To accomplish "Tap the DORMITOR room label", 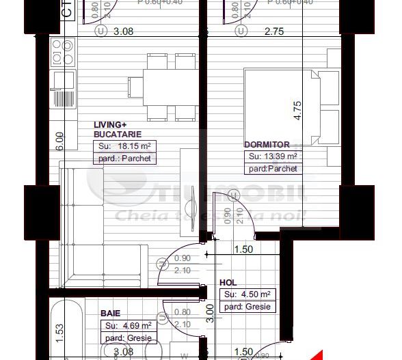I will [x=267, y=145].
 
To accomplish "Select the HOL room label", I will [x=228, y=282].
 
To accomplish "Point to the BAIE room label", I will [x=110, y=313].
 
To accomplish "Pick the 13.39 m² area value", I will [x=273, y=156].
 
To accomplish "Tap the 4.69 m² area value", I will [x=129, y=325].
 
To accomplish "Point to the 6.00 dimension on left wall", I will [x=59, y=141].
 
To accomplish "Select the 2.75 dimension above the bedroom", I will [x=273, y=31].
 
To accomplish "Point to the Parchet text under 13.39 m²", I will [x=273, y=169].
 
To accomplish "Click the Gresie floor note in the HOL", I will [x=247, y=307].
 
